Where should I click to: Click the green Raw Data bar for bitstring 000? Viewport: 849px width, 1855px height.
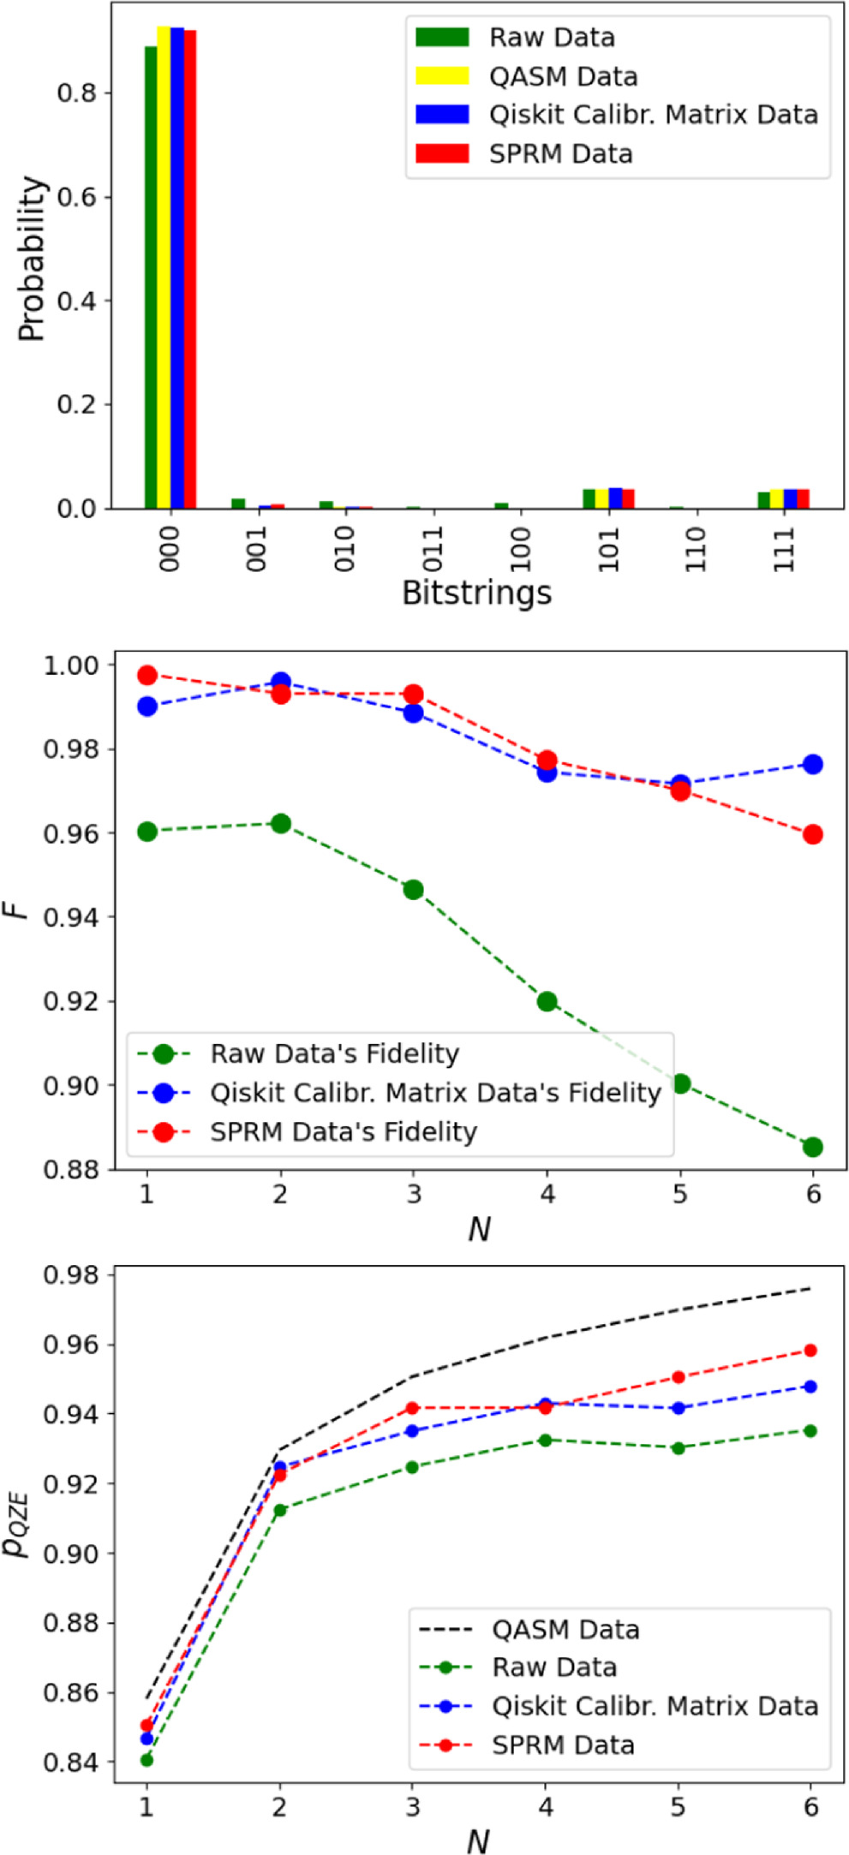point(151,277)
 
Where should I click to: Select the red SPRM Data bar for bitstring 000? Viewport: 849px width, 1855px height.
point(190,271)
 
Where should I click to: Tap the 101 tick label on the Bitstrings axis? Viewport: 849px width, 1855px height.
point(609,549)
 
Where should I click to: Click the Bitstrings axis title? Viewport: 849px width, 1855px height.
point(476,593)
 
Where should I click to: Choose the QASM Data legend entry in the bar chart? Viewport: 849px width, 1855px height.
point(563,77)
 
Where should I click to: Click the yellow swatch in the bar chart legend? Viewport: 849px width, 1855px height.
point(442,76)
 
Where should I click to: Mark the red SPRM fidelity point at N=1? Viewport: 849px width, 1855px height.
point(147,675)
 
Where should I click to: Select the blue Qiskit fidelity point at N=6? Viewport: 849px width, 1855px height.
point(813,764)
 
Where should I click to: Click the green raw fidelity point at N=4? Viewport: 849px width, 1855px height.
point(547,1001)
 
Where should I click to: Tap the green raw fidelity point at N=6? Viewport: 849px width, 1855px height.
point(813,1147)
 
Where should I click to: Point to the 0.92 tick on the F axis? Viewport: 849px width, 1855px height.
point(72,1001)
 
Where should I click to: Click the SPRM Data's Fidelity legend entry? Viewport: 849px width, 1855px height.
point(344,1131)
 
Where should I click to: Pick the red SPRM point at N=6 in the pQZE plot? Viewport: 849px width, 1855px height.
point(810,1351)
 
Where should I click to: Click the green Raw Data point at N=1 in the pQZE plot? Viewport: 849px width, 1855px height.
point(146,1760)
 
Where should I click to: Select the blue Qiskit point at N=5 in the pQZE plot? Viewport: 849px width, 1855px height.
point(679,1408)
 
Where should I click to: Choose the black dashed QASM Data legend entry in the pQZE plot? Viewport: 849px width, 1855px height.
point(565,1629)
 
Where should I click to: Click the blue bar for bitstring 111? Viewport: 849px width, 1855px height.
point(790,498)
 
